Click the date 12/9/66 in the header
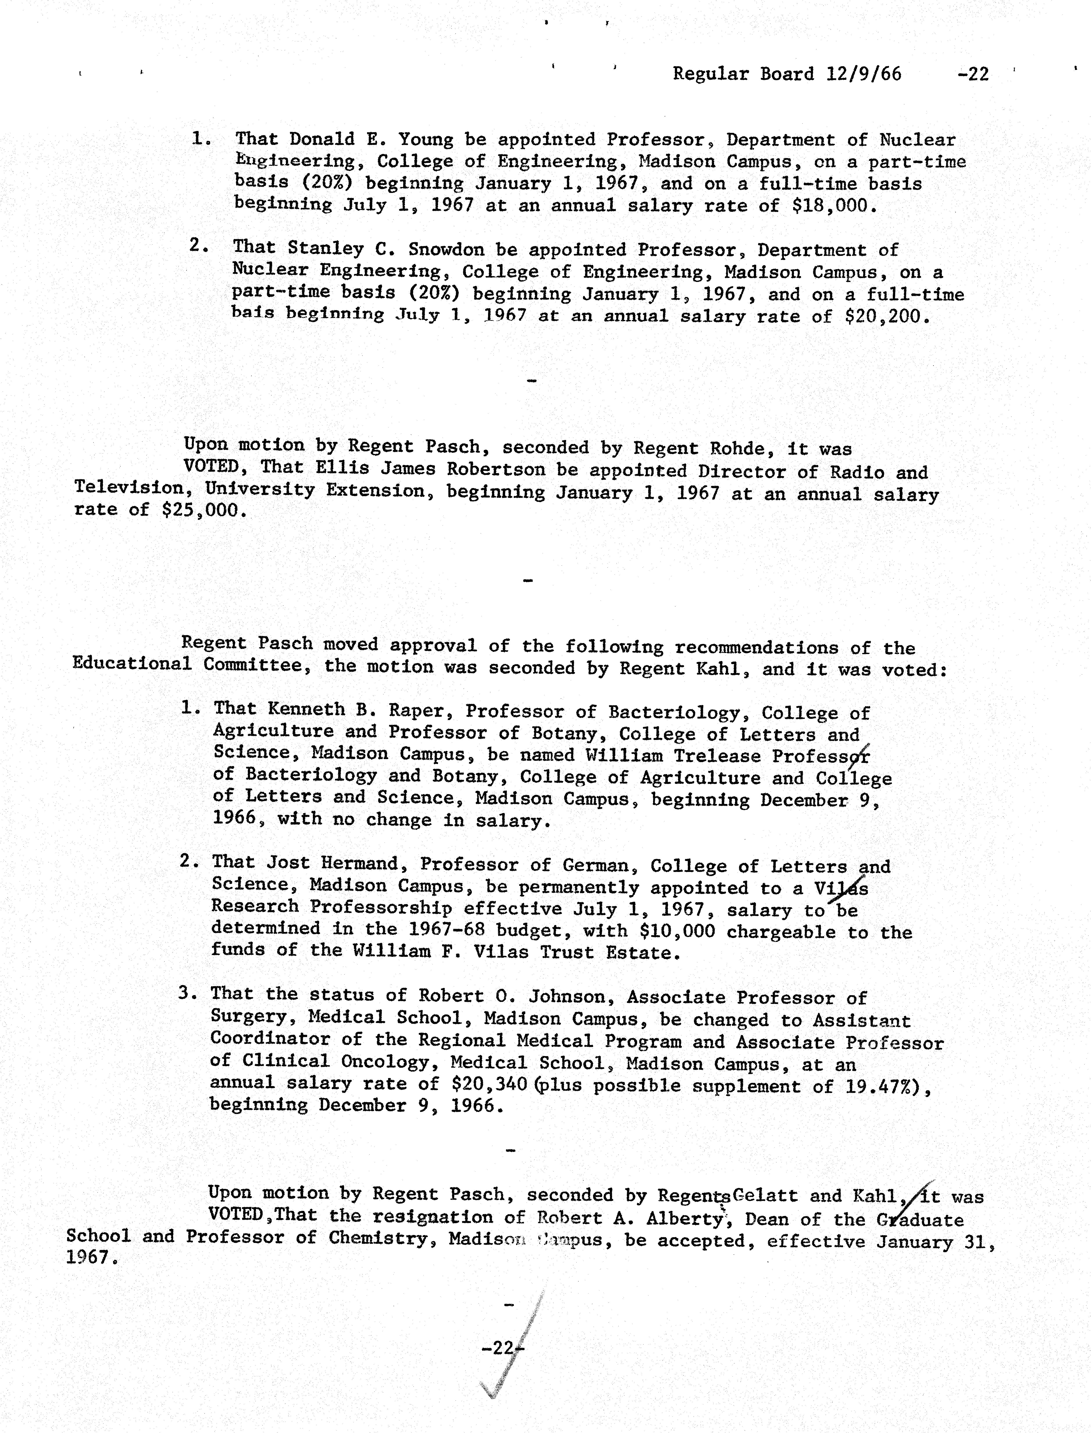pos(864,74)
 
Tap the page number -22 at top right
pos(973,74)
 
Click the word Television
pos(128,488)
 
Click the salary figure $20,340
pos(488,1084)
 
